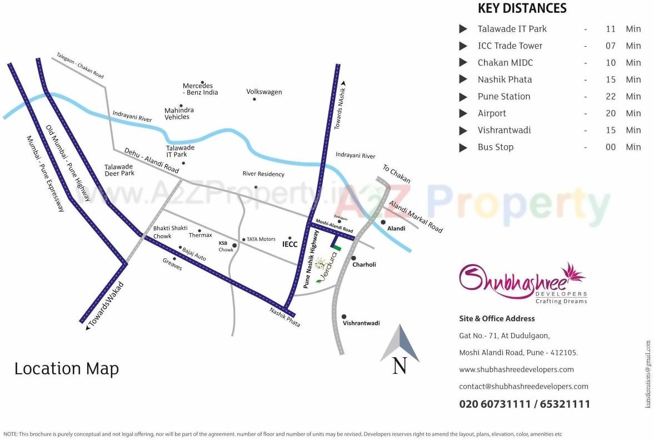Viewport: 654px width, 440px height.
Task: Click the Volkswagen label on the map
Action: pos(264,92)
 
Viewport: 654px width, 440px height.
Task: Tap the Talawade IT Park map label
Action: pos(180,151)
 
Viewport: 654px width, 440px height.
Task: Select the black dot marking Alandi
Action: pos(383,223)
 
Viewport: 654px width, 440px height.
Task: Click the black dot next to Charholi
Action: pos(353,258)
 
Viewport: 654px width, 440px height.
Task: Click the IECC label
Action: pos(290,244)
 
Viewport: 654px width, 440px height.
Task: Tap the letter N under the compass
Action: pos(400,365)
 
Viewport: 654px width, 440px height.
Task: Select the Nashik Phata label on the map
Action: pos(285,317)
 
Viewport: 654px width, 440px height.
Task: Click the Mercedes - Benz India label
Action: pos(200,89)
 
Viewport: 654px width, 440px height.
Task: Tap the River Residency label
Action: pos(263,174)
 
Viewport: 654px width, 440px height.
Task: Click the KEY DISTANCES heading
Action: pos(522,8)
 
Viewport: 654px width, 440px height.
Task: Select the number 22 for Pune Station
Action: pos(611,96)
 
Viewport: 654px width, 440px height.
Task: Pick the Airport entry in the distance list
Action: pos(492,113)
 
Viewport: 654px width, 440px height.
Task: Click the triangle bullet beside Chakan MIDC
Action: pos(463,63)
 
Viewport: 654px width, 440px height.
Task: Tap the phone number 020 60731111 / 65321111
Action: pos(525,404)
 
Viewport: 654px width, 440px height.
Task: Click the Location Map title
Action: pos(67,369)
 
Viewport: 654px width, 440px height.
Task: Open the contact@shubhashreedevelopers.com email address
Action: pos(523,387)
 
